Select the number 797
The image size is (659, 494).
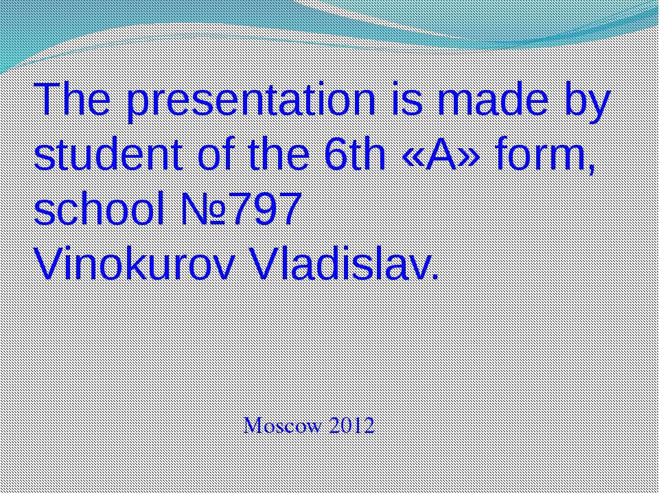coord(265,209)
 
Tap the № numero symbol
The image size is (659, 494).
coord(205,209)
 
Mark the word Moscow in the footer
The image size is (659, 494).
coord(284,425)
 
